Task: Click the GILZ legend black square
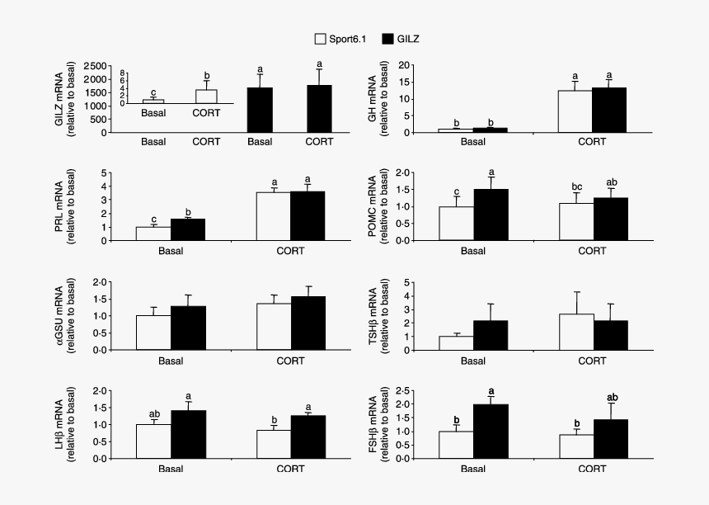[394, 39]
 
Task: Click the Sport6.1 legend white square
[320, 39]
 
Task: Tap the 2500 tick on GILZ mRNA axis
[97, 65]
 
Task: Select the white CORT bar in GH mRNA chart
[574, 111]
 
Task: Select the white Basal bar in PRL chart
[153, 234]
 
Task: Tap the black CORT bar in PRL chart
[307, 215]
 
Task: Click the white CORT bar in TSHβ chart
[574, 332]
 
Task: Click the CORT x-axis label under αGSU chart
[289, 361]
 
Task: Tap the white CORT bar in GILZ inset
[206, 97]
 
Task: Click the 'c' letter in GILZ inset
[153, 92]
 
